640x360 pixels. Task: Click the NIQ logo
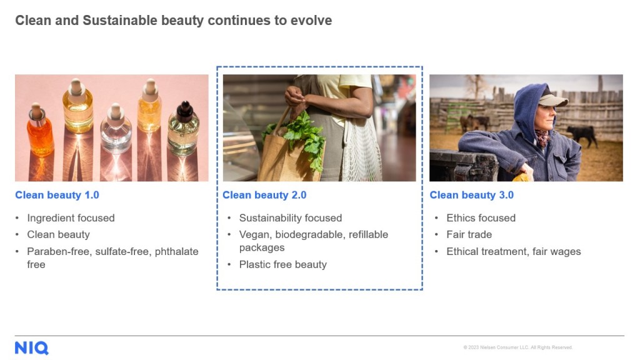click(x=31, y=347)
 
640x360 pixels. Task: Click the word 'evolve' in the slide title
click(x=311, y=21)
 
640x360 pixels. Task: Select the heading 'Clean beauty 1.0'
click(x=57, y=195)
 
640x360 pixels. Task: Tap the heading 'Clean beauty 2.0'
click(x=264, y=195)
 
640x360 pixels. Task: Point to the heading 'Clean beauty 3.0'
click(x=471, y=195)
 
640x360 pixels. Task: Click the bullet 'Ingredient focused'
click(x=71, y=218)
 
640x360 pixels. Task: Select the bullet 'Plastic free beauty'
click(x=283, y=264)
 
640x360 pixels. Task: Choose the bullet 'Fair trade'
click(x=469, y=234)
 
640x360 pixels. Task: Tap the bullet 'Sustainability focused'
click(x=291, y=218)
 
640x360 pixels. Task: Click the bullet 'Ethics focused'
click(x=481, y=218)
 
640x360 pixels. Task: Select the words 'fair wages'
click(x=556, y=251)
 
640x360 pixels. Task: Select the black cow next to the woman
click(x=582, y=135)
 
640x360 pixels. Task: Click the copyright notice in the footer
click(x=517, y=347)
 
